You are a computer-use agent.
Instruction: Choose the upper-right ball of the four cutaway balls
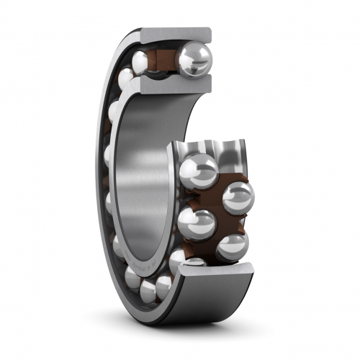pyautogui.click(x=238, y=197)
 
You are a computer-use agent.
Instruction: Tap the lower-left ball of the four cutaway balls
pyautogui.click(x=199, y=223)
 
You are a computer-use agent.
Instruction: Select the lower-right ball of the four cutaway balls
pyautogui.click(x=232, y=247)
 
